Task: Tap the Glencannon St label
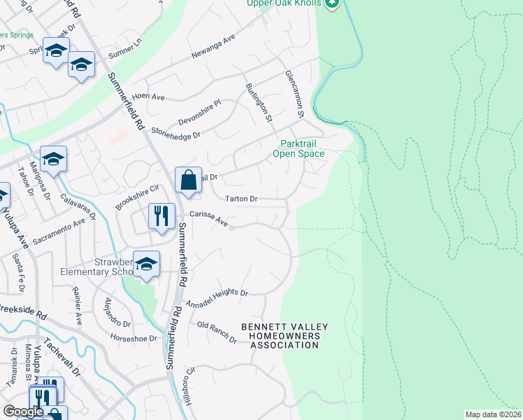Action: [296, 93]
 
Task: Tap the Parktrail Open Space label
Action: [299, 148]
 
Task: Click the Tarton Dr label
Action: [241, 199]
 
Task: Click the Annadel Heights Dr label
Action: [217, 297]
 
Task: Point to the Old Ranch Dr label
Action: [217, 331]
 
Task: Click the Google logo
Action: [23, 412]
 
